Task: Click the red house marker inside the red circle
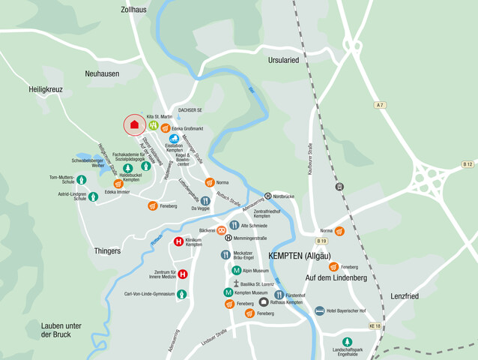pyautogui.click(x=134, y=124)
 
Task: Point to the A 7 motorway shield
pyautogui.click(x=381, y=104)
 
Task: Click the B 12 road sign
pyautogui.click(x=468, y=163)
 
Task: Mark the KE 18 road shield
pyautogui.click(x=375, y=326)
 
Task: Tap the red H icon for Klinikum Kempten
pyautogui.click(x=178, y=241)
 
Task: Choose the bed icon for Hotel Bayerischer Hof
pyautogui.click(x=320, y=310)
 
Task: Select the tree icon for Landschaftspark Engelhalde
pyautogui.click(x=347, y=341)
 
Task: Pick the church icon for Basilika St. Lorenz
pyautogui.click(x=235, y=284)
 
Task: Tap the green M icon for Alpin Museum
pyautogui.click(x=236, y=270)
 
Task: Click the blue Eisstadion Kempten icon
pyautogui.click(x=174, y=139)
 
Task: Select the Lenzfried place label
pyautogui.click(x=404, y=296)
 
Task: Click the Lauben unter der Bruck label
pyautogui.click(x=61, y=330)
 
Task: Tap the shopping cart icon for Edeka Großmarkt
pyautogui.click(x=165, y=128)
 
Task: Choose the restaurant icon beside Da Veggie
pyautogui.click(x=205, y=200)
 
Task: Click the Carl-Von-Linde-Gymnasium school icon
pyautogui.click(x=181, y=294)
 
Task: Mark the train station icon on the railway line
pyautogui.click(x=340, y=186)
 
